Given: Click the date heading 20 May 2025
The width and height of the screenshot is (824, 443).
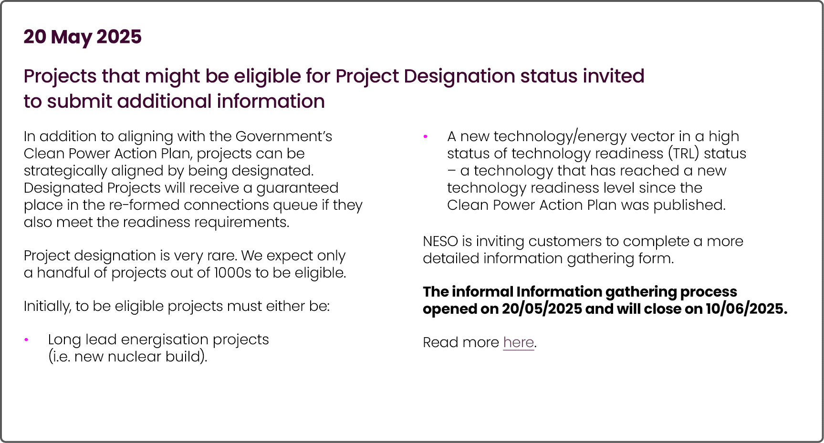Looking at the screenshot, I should [x=83, y=37].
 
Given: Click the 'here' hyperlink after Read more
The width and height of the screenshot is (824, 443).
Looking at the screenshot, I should [x=518, y=342].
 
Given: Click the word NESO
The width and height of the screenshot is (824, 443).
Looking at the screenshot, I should [x=440, y=241].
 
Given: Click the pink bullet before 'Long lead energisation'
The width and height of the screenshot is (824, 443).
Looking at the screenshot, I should [x=26, y=340].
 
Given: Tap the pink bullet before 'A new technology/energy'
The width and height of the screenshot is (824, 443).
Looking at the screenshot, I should [x=425, y=137].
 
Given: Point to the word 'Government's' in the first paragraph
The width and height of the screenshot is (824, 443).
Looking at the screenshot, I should [x=283, y=136].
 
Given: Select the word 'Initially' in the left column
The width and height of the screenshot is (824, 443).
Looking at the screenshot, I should [x=47, y=306].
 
